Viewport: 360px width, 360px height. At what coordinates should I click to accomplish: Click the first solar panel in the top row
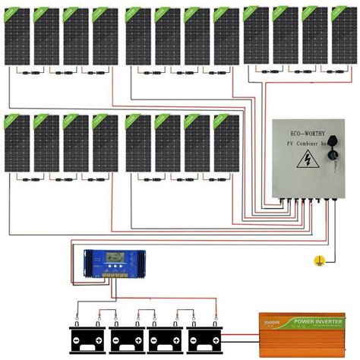point(17,36)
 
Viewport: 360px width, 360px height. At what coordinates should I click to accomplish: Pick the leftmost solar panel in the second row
point(17,144)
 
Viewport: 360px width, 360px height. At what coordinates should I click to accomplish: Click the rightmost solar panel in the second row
point(226,144)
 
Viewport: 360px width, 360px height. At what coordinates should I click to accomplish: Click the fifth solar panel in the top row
point(137,36)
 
